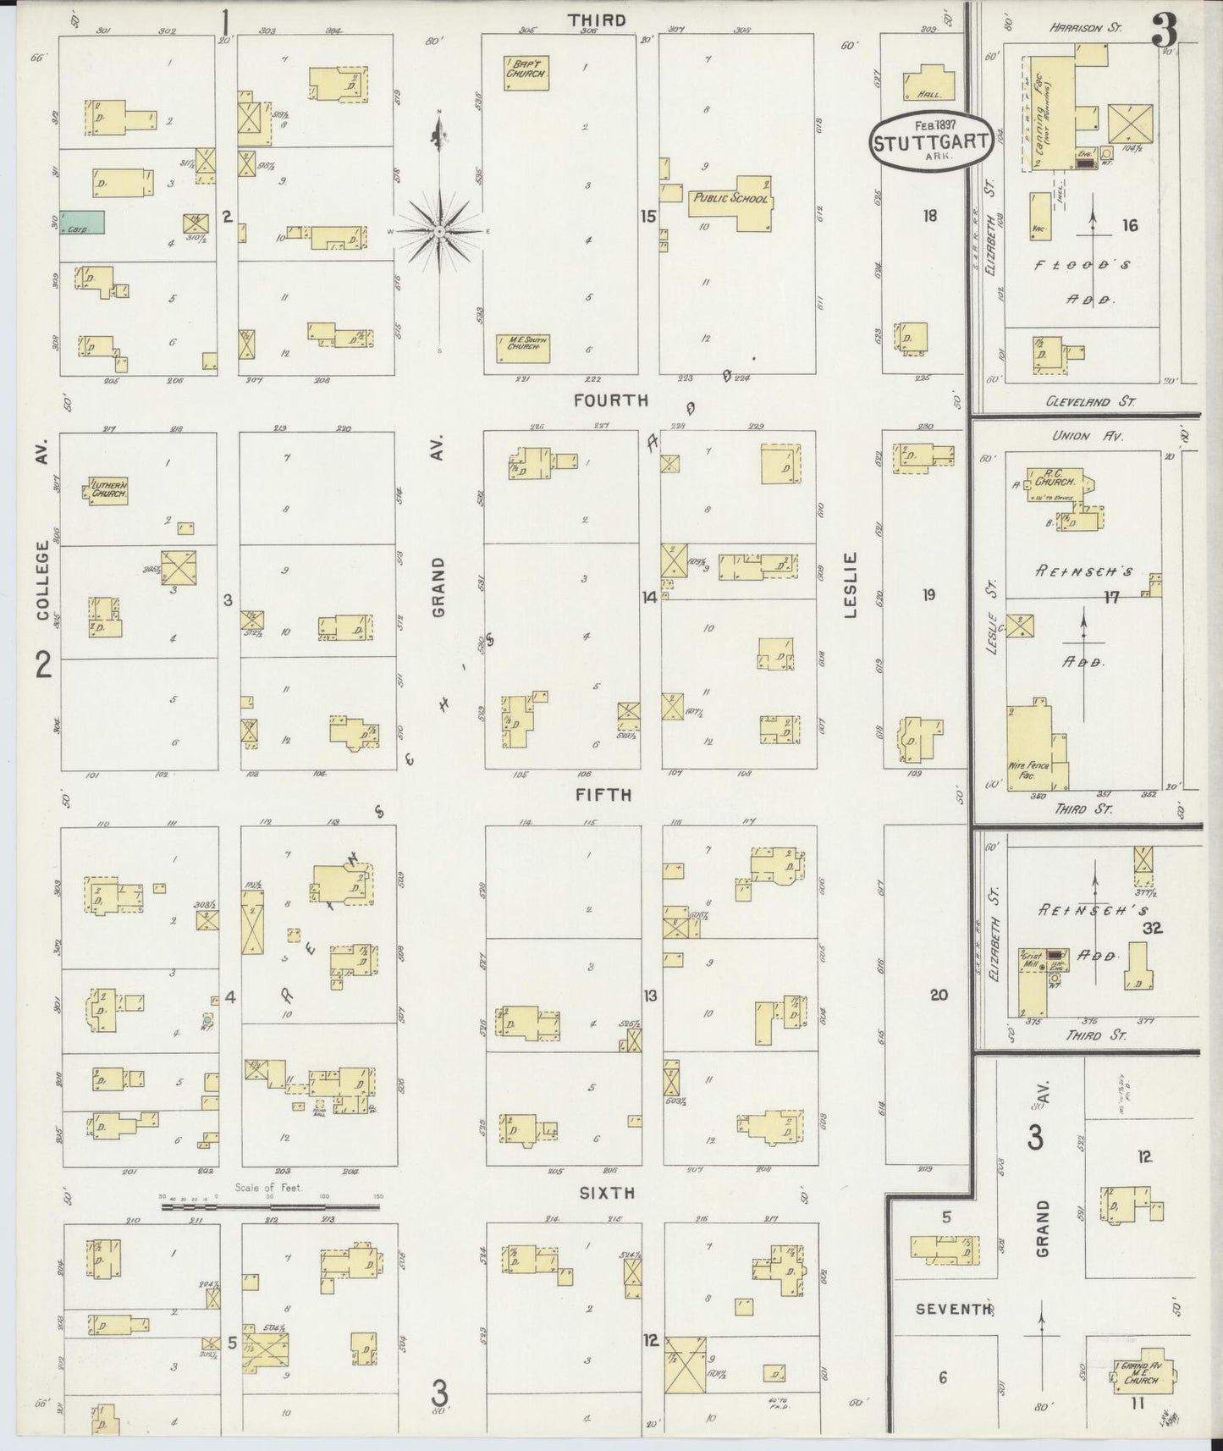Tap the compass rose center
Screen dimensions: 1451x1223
click(x=440, y=230)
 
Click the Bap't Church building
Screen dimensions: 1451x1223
click(x=527, y=73)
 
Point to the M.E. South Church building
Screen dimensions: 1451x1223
click(x=523, y=347)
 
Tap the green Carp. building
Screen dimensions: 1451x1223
click(x=82, y=223)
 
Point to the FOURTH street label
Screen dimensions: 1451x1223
click(x=610, y=400)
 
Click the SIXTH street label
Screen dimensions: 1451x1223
click(x=606, y=1193)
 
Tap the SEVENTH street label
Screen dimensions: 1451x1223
click(x=953, y=1309)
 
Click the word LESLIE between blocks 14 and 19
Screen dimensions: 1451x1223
click(x=850, y=584)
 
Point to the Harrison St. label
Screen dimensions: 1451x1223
click(x=1085, y=28)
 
